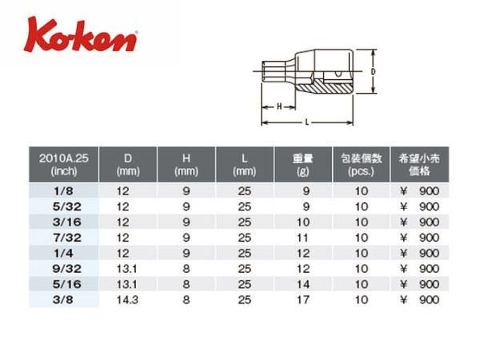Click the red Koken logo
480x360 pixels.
81,35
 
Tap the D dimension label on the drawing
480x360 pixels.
373,72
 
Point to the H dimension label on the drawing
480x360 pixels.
279,106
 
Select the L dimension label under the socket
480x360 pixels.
306,122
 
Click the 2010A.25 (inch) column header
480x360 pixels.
64,164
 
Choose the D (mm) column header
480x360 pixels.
128,164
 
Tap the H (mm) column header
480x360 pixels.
186,164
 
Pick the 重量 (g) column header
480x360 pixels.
302,164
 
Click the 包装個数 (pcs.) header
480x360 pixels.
362,164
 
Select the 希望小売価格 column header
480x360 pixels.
419,164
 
